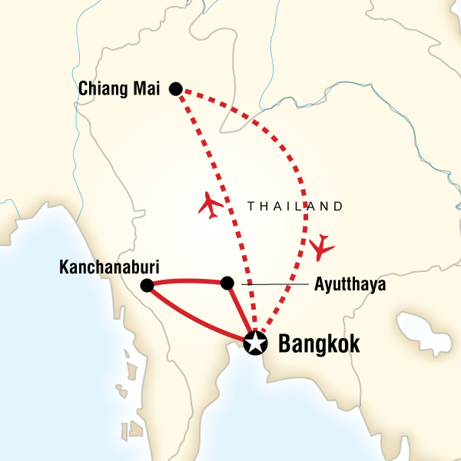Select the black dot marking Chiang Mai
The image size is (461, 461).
175,89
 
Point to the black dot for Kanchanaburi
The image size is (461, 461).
147,286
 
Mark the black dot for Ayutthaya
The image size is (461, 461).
227,284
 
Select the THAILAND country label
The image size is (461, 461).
295,206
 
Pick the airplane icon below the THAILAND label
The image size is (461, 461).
323,247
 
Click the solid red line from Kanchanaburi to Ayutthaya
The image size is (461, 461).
187,280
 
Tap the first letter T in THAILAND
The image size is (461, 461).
251,206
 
